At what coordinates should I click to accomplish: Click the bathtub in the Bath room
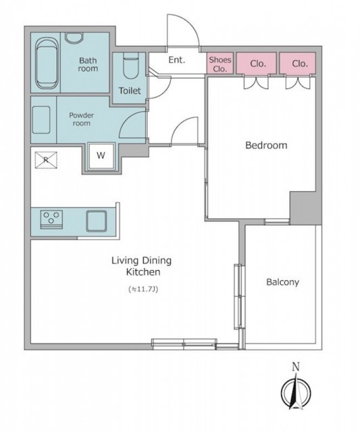click(47, 63)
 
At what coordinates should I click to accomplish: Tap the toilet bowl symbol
click(130, 66)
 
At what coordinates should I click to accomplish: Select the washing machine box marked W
click(101, 156)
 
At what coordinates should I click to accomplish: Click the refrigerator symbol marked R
click(46, 159)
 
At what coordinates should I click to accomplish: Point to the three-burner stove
click(51, 219)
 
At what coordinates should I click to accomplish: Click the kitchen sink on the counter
click(97, 221)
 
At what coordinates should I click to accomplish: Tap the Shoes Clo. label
click(220, 64)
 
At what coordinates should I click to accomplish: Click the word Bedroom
click(266, 145)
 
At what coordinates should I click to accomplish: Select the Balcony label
click(282, 282)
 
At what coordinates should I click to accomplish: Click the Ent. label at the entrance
click(177, 60)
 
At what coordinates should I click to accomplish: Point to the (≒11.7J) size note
click(143, 289)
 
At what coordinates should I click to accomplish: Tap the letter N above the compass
click(296, 367)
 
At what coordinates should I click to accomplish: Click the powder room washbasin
click(41, 120)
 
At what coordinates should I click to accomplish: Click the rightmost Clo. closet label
click(300, 63)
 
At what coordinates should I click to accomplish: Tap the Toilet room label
click(130, 90)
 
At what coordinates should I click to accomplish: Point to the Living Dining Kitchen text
click(141, 266)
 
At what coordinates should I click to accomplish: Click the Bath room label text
click(88, 64)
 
